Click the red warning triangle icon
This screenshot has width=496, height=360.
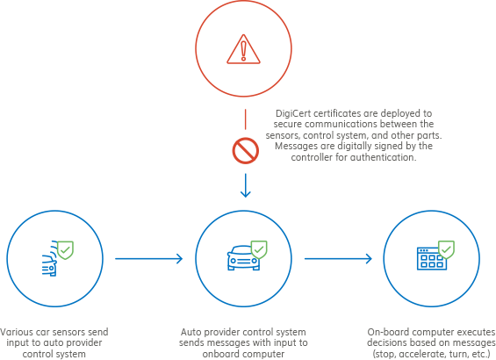(243, 49)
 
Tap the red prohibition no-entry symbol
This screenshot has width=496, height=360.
(246, 150)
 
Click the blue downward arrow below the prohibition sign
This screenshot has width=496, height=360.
(246, 185)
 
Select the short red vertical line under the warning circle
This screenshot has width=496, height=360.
(245, 119)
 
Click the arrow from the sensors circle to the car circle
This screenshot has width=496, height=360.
(148, 259)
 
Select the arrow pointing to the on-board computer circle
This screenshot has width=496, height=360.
(338, 259)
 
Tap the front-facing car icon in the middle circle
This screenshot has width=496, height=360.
(243, 258)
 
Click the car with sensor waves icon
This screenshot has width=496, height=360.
(50, 259)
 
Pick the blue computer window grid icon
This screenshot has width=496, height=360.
(431, 258)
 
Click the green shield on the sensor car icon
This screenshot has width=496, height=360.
(66, 250)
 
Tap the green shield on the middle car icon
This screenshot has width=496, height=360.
(259, 249)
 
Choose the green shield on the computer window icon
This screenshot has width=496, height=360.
(446, 249)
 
